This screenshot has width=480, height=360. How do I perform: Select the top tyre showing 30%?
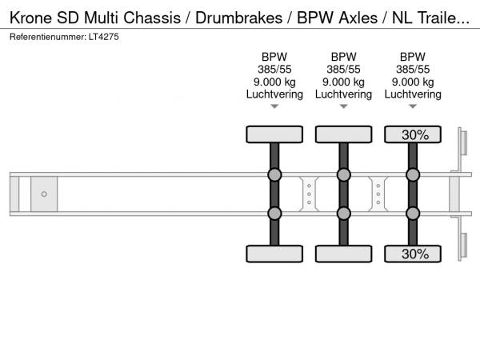pyautogui.click(x=413, y=134)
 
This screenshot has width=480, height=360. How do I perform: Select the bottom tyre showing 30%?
pyautogui.click(x=413, y=254)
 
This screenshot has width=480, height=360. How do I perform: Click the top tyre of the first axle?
pyautogui.click(x=274, y=134)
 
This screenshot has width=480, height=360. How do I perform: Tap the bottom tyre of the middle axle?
pyautogui.click(x=343, y=254)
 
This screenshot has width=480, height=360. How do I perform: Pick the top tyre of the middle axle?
pyautogui.click(x=343, y=134)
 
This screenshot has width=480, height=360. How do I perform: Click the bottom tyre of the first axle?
pyautogui.click(x=274, y=254)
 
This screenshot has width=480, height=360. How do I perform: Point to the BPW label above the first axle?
pyautogui.click(x=274, y=57)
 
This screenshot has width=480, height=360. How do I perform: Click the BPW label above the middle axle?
pyautogui.click(x=343, y=57)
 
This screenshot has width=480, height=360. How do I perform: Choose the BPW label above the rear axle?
pyautogui.click(x=413, y=57)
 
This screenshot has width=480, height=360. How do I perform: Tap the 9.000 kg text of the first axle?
pyautogui.click(x=274, y=82)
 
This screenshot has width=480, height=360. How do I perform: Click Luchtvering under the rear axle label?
pyautogui.click(x=413, y=94)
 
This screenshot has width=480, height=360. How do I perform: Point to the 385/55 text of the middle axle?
pyautogui.click(x=343, y=70)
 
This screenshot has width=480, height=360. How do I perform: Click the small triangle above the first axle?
pyautogui.click(x=274, y=106)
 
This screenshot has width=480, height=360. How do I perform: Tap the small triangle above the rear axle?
pyautogui.click(x=413, y=106)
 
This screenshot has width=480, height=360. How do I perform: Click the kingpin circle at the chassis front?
pyautogui.click(x=44, y=194)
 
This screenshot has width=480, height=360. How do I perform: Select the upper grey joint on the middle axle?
pyautogui.click(x=343, y=175)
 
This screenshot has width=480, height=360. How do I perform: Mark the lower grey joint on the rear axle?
pyautogui.click(x=413, y=213)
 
